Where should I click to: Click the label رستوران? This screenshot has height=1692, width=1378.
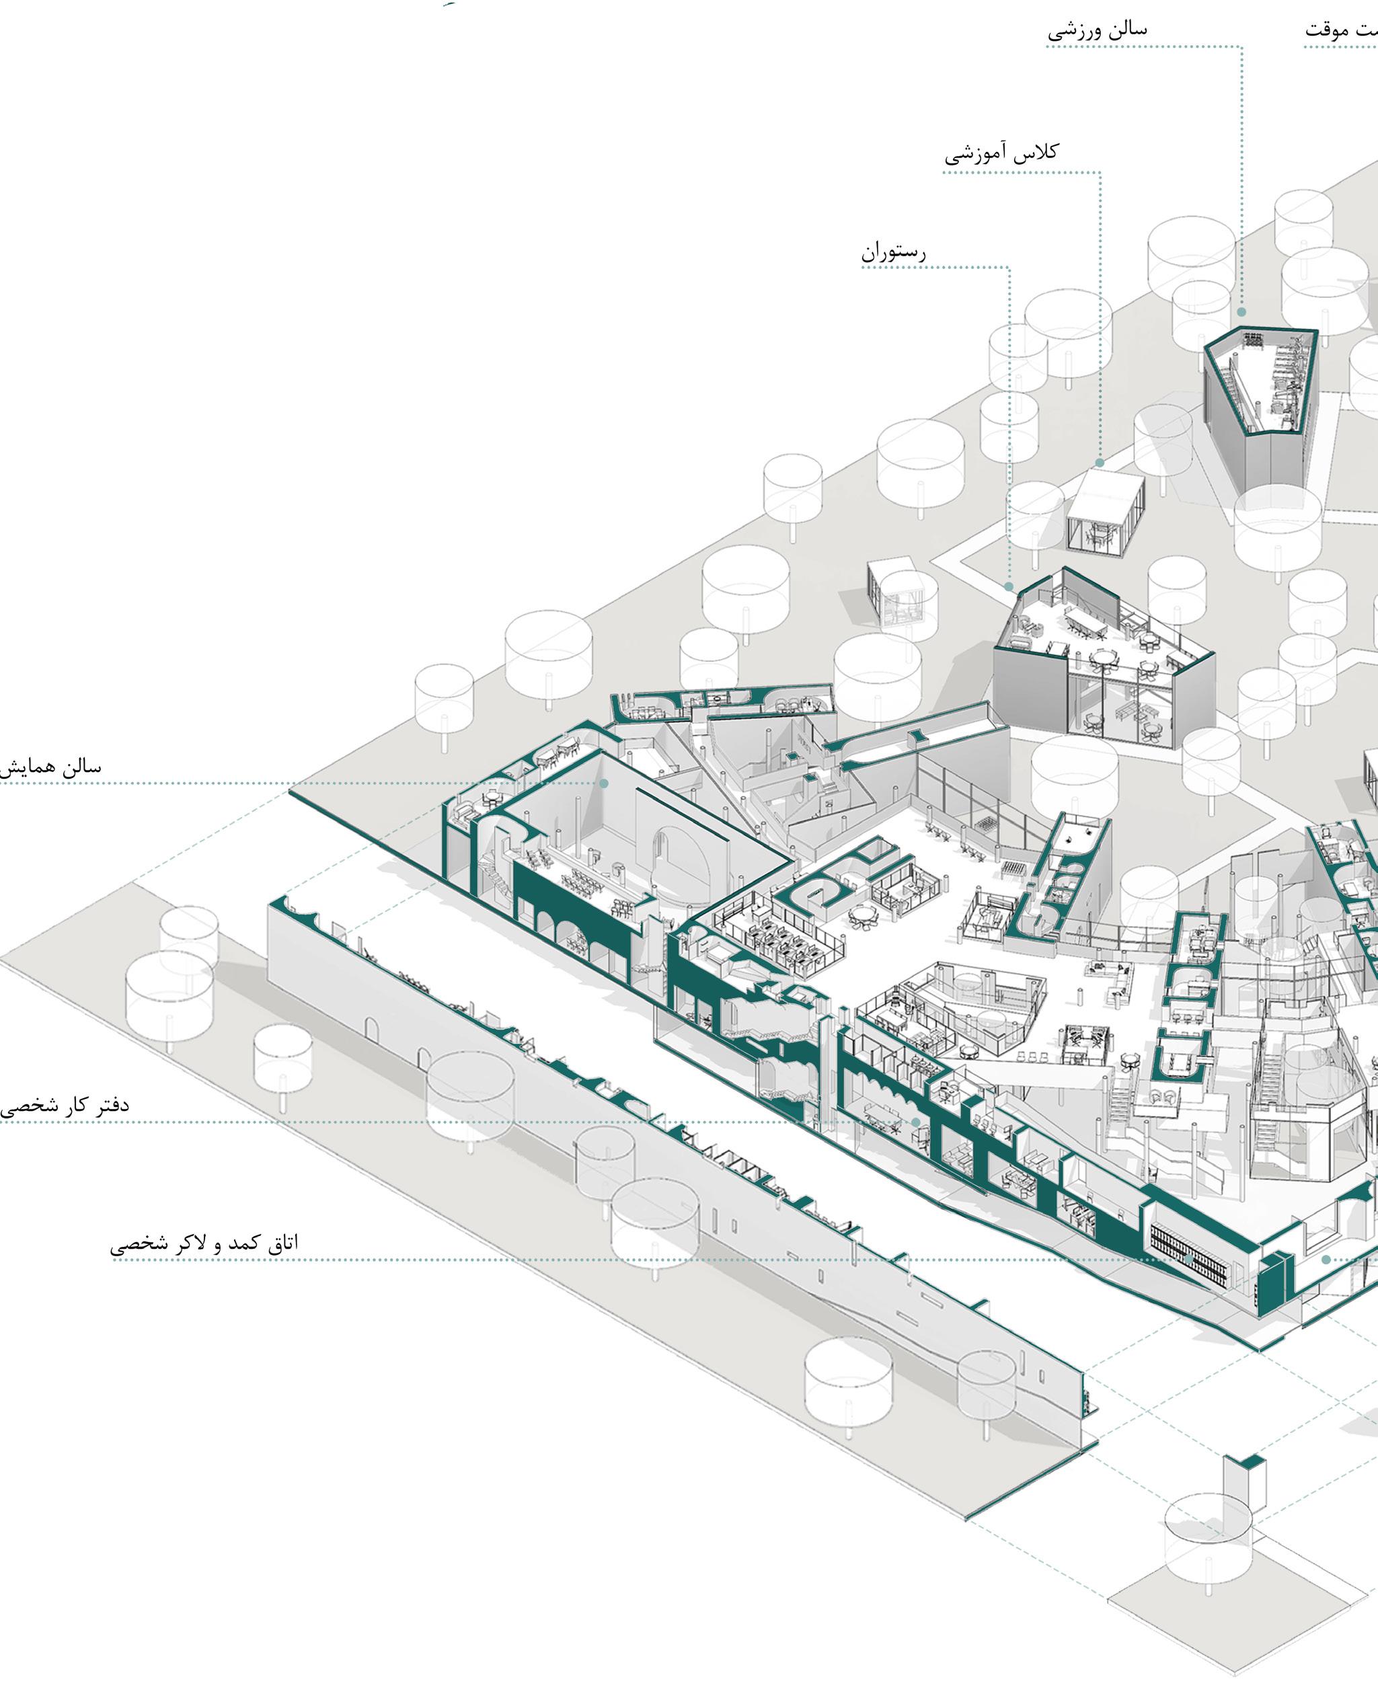tap(894, 253)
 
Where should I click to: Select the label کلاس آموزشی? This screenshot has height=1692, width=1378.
tap(1002, 153)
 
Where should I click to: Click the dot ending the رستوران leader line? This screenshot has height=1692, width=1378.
tap(1009, 587)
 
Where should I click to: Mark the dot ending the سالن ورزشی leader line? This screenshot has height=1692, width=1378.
tap(1241, 313)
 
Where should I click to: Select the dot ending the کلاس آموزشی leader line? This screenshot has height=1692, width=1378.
tap(1100, 463)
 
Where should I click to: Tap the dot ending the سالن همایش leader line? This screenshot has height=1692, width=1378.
tap(604, 783)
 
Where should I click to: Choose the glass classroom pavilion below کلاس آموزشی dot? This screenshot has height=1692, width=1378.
tap(1105, 512)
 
